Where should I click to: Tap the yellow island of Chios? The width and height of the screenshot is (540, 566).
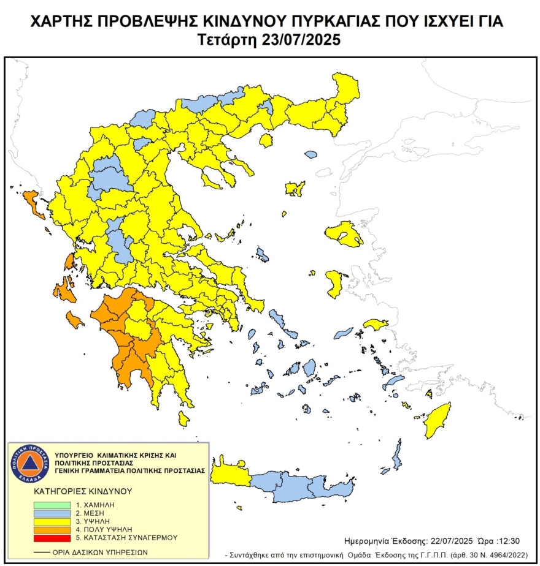click(x=334, y=284)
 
